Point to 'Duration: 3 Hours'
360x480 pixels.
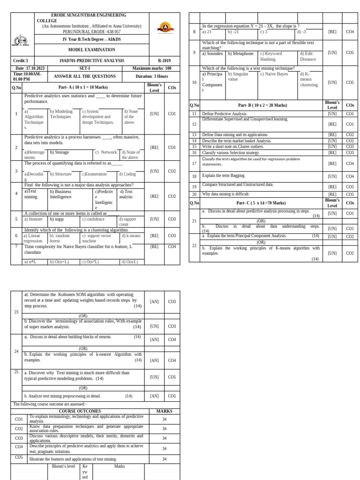(x=151, y=76)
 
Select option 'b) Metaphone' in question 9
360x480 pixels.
(x=240, y=53)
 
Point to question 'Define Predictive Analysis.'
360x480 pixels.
(x=225, y=114)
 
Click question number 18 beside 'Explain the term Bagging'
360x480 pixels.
(x=194, y=176)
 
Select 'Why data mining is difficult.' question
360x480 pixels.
(x=225, y=194)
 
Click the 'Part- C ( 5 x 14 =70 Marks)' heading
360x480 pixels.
(x=261, y=203)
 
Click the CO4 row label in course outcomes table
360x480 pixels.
(x=19, y=447)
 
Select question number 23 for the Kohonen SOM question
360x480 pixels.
(x=16, y=312)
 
